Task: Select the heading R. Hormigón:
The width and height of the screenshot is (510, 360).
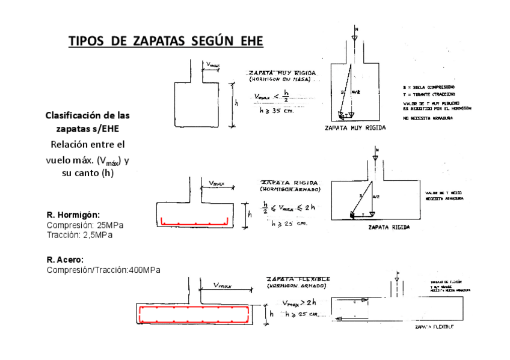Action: point(73,215)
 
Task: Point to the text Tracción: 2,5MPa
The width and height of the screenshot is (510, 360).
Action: point(80,234)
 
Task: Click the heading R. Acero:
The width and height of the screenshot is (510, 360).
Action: point(65,260)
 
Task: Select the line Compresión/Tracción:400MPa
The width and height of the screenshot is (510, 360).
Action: point(103,270)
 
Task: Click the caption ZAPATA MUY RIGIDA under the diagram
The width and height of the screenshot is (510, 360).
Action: point(355,128)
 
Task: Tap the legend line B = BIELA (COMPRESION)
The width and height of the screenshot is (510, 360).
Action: point(429,87)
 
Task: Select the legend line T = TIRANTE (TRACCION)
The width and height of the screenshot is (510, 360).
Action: point(429,94)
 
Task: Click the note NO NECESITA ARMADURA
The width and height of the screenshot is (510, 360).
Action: point(427,118)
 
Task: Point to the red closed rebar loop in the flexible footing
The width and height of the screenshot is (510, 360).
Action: point(194,314)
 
